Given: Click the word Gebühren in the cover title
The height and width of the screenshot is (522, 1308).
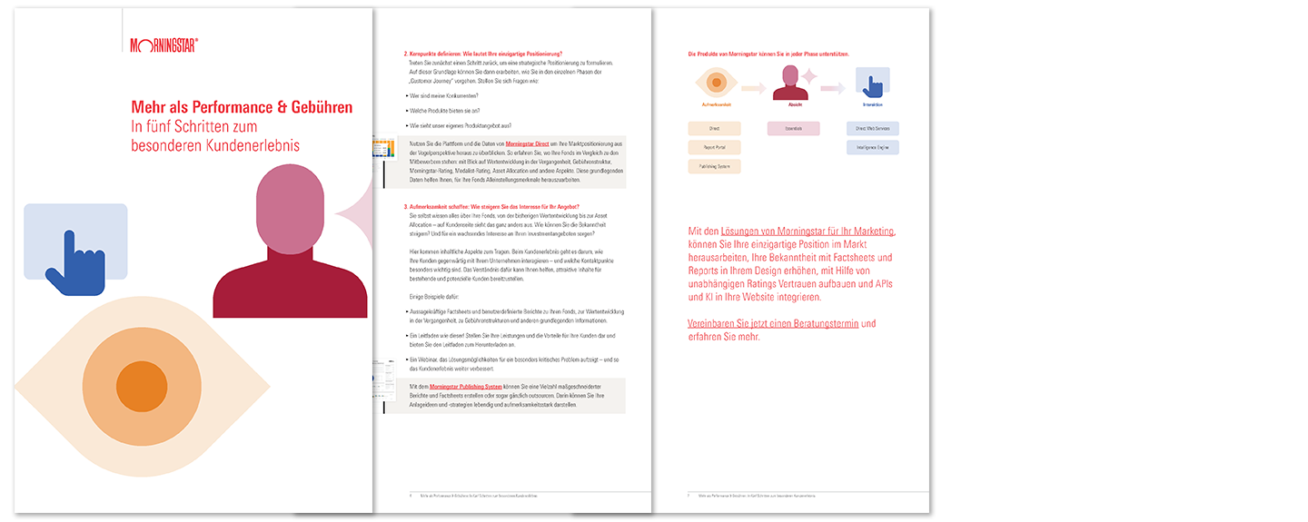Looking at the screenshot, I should pyautogui.click(x=316, y=107).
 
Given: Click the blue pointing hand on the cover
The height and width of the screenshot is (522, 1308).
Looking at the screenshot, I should pyautogui.click(x=73, y=262).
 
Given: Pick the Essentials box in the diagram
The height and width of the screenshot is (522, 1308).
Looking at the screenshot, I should pyautogui.click(x=793, y=129).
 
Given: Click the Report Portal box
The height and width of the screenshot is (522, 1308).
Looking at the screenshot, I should pyautogui.click(x=715, y=147).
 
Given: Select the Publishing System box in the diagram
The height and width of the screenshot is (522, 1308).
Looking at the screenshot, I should pyautogui.click(x=715, y=166).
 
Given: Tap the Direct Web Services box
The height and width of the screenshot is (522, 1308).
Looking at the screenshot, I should pyautogui.click(x=872, y=129).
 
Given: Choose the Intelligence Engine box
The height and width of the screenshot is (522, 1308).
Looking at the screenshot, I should pyautogui.click(x=872, y=147).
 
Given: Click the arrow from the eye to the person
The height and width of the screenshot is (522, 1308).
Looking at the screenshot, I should pyautogui.click(x=754, y=88).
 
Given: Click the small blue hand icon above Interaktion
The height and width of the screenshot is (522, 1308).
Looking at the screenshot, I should pyautogui.click(x=873, y=84).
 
